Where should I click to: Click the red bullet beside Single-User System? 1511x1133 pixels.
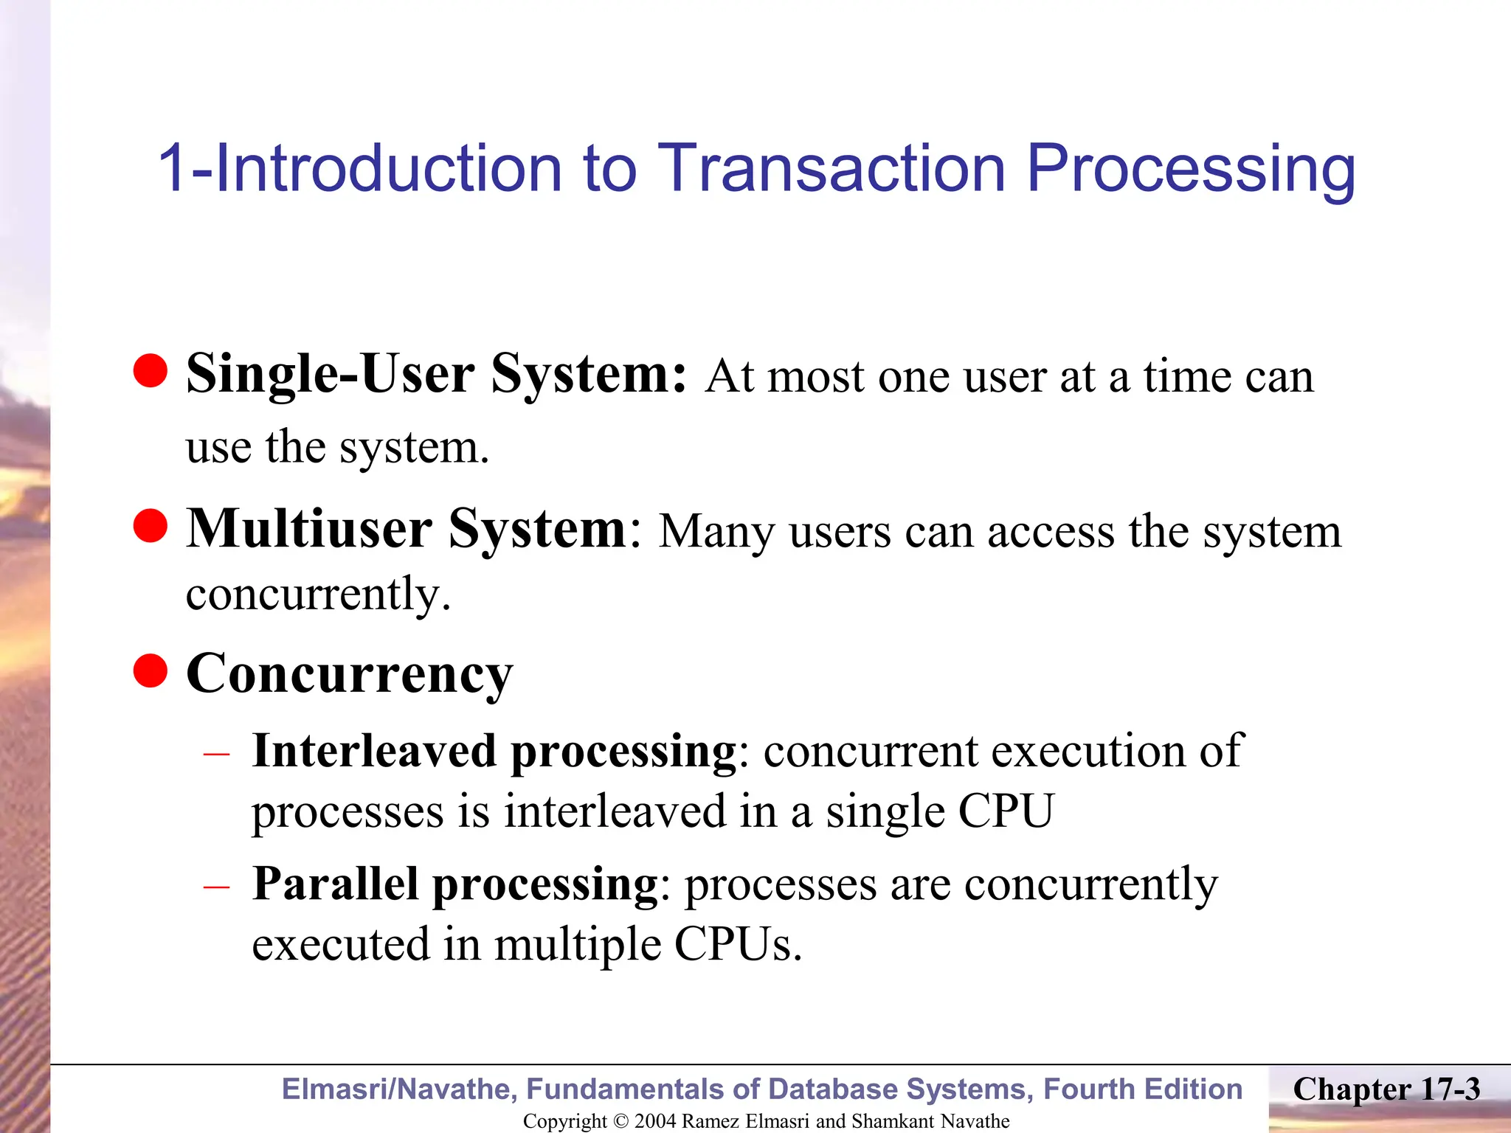(x=151, y=370)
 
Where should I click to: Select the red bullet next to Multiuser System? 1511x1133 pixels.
(x=151, y=526)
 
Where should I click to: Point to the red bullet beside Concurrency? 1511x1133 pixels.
(x=151, y=671)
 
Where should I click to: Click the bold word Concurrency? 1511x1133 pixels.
(x=349, y=673)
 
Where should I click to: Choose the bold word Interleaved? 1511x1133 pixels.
(x=374, y=751)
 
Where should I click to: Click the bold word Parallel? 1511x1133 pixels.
(x=335, y=884)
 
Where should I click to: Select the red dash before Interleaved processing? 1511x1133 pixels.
(x=216, y=754)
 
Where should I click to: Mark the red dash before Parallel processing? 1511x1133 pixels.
(x=216, y=887)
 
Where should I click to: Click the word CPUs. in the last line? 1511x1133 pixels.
(x=737, y=944)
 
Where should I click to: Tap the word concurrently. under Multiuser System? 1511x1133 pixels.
(x=318, y=594)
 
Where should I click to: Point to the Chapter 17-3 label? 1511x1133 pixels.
(x=1386, y=1089)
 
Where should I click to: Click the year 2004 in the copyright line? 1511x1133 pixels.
(x=655, y=1121)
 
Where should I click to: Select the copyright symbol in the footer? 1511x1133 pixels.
(x=620, y=1121)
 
